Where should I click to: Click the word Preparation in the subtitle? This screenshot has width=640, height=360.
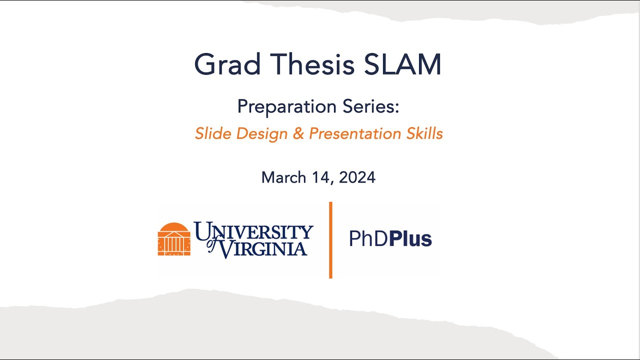tap(286, 107)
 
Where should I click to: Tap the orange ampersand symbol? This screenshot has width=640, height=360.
tap(298, 133)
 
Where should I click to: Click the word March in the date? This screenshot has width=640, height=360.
tap(284, 177)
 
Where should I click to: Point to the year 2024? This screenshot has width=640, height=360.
tap(357, 177)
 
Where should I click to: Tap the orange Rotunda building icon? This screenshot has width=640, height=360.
tap(174, 239)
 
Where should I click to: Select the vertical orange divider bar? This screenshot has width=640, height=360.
tap(330, 240)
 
